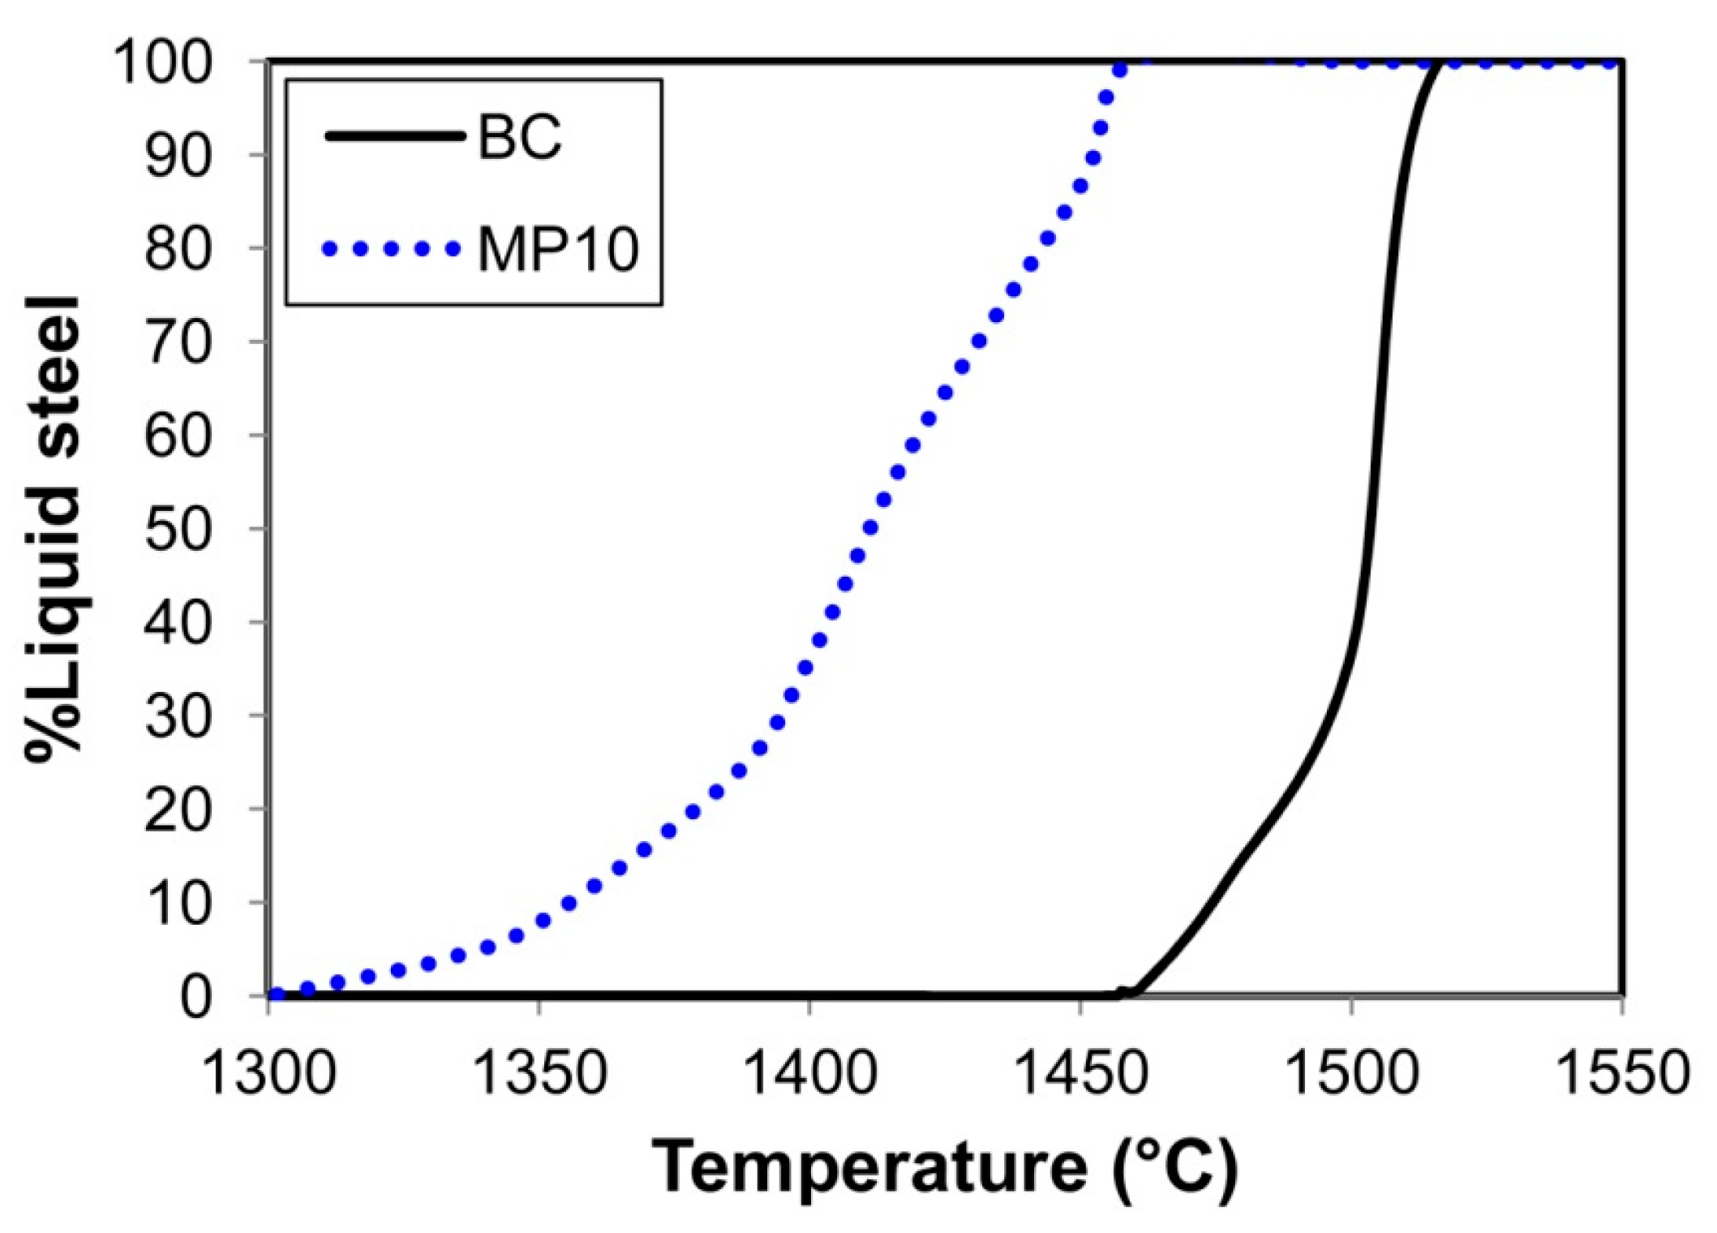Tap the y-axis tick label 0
195,997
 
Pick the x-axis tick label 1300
268,1073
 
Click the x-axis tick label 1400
809,1073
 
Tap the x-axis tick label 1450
1080,1073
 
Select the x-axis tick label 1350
539,1073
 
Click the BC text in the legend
520,136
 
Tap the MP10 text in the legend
558,249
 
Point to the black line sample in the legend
394,136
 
